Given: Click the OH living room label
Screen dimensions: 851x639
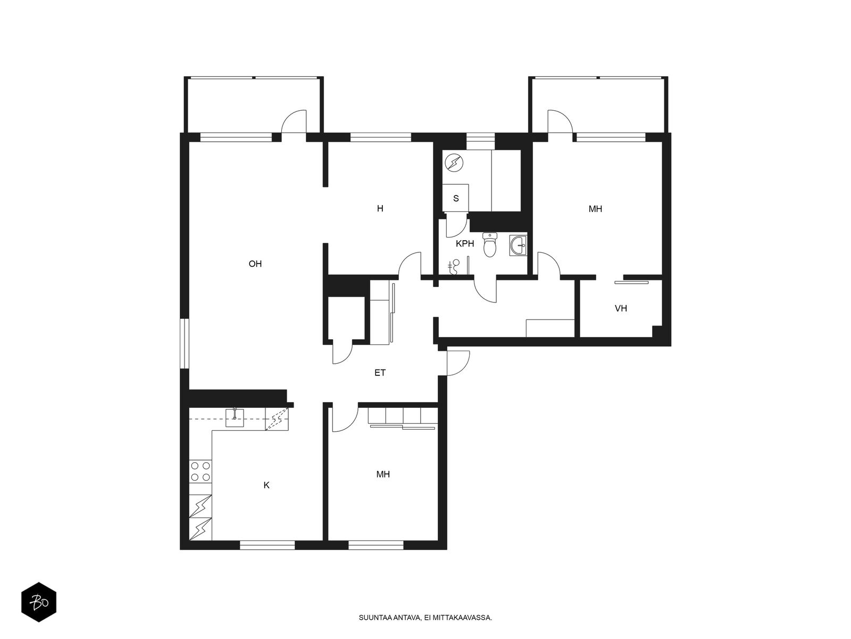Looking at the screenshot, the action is point(255,264).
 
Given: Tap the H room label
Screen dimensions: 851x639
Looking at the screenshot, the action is point(380,209).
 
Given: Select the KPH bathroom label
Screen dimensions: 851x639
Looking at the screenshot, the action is point(465,244).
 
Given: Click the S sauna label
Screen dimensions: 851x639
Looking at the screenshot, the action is point(456,198).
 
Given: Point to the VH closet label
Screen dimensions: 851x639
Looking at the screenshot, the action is point(621,308).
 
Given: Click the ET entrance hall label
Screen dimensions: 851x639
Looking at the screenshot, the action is point(380,373).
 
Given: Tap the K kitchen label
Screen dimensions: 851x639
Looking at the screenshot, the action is point(266,485).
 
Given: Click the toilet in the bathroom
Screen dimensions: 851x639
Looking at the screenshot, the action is point(490,244).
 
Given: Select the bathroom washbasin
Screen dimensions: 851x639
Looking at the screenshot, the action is point(519,245).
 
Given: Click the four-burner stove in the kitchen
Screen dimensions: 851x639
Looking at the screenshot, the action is point(201,471).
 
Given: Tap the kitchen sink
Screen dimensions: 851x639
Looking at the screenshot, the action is point(235,417).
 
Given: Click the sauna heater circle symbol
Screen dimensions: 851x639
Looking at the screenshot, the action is point(454,163).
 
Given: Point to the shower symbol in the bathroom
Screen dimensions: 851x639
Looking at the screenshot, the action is point(454,267).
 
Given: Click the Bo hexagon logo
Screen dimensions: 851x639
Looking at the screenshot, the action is point(39,602).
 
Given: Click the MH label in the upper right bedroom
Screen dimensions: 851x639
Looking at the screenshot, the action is point(595,209).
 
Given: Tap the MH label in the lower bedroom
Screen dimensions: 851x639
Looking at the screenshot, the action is point(383,474).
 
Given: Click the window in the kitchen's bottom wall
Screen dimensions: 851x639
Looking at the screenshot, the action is point(267,545).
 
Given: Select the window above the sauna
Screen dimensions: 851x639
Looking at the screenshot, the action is point(480,141).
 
